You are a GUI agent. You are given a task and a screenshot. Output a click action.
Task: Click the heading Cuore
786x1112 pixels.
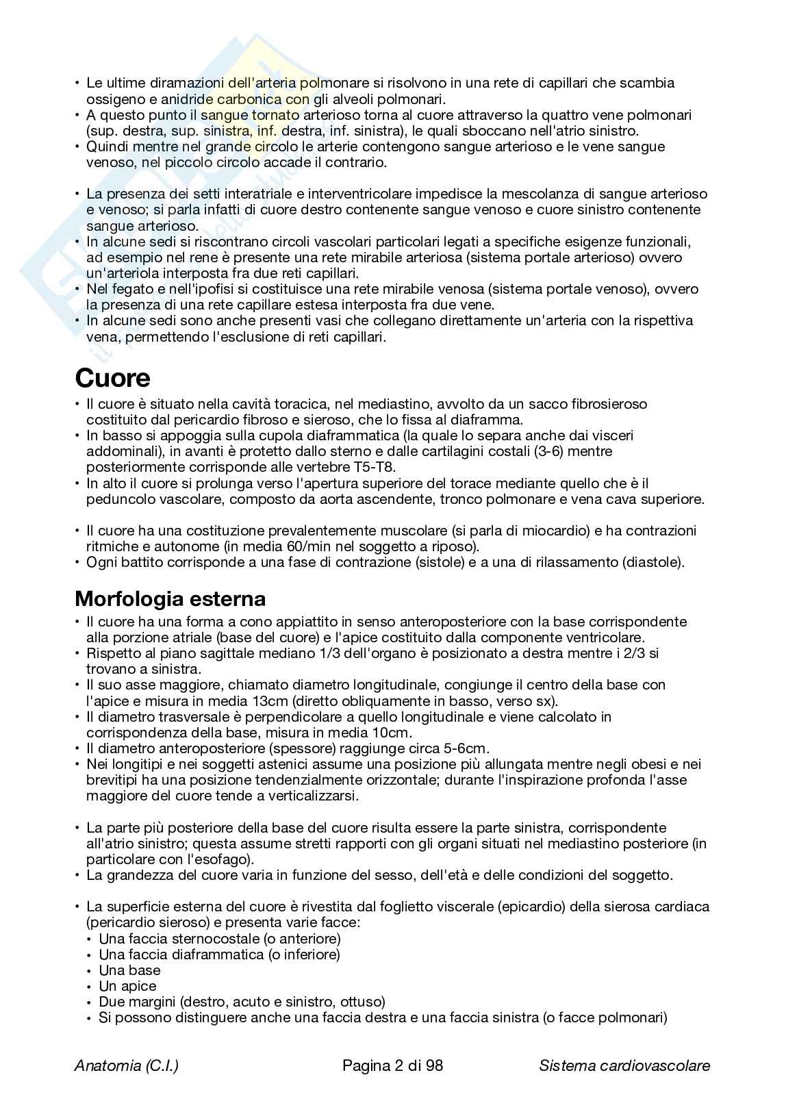(x=112, y=378)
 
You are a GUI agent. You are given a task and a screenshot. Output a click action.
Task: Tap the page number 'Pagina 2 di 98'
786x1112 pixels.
(x=392, y=1065)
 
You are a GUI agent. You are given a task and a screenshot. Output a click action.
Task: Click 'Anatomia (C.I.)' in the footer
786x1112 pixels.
(x=127, y=1065)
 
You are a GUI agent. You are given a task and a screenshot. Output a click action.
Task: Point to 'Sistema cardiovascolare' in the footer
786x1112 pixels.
(x=624, y=1065)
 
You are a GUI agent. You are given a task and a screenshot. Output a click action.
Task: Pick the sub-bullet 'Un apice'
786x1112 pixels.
(x=128, y=986)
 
